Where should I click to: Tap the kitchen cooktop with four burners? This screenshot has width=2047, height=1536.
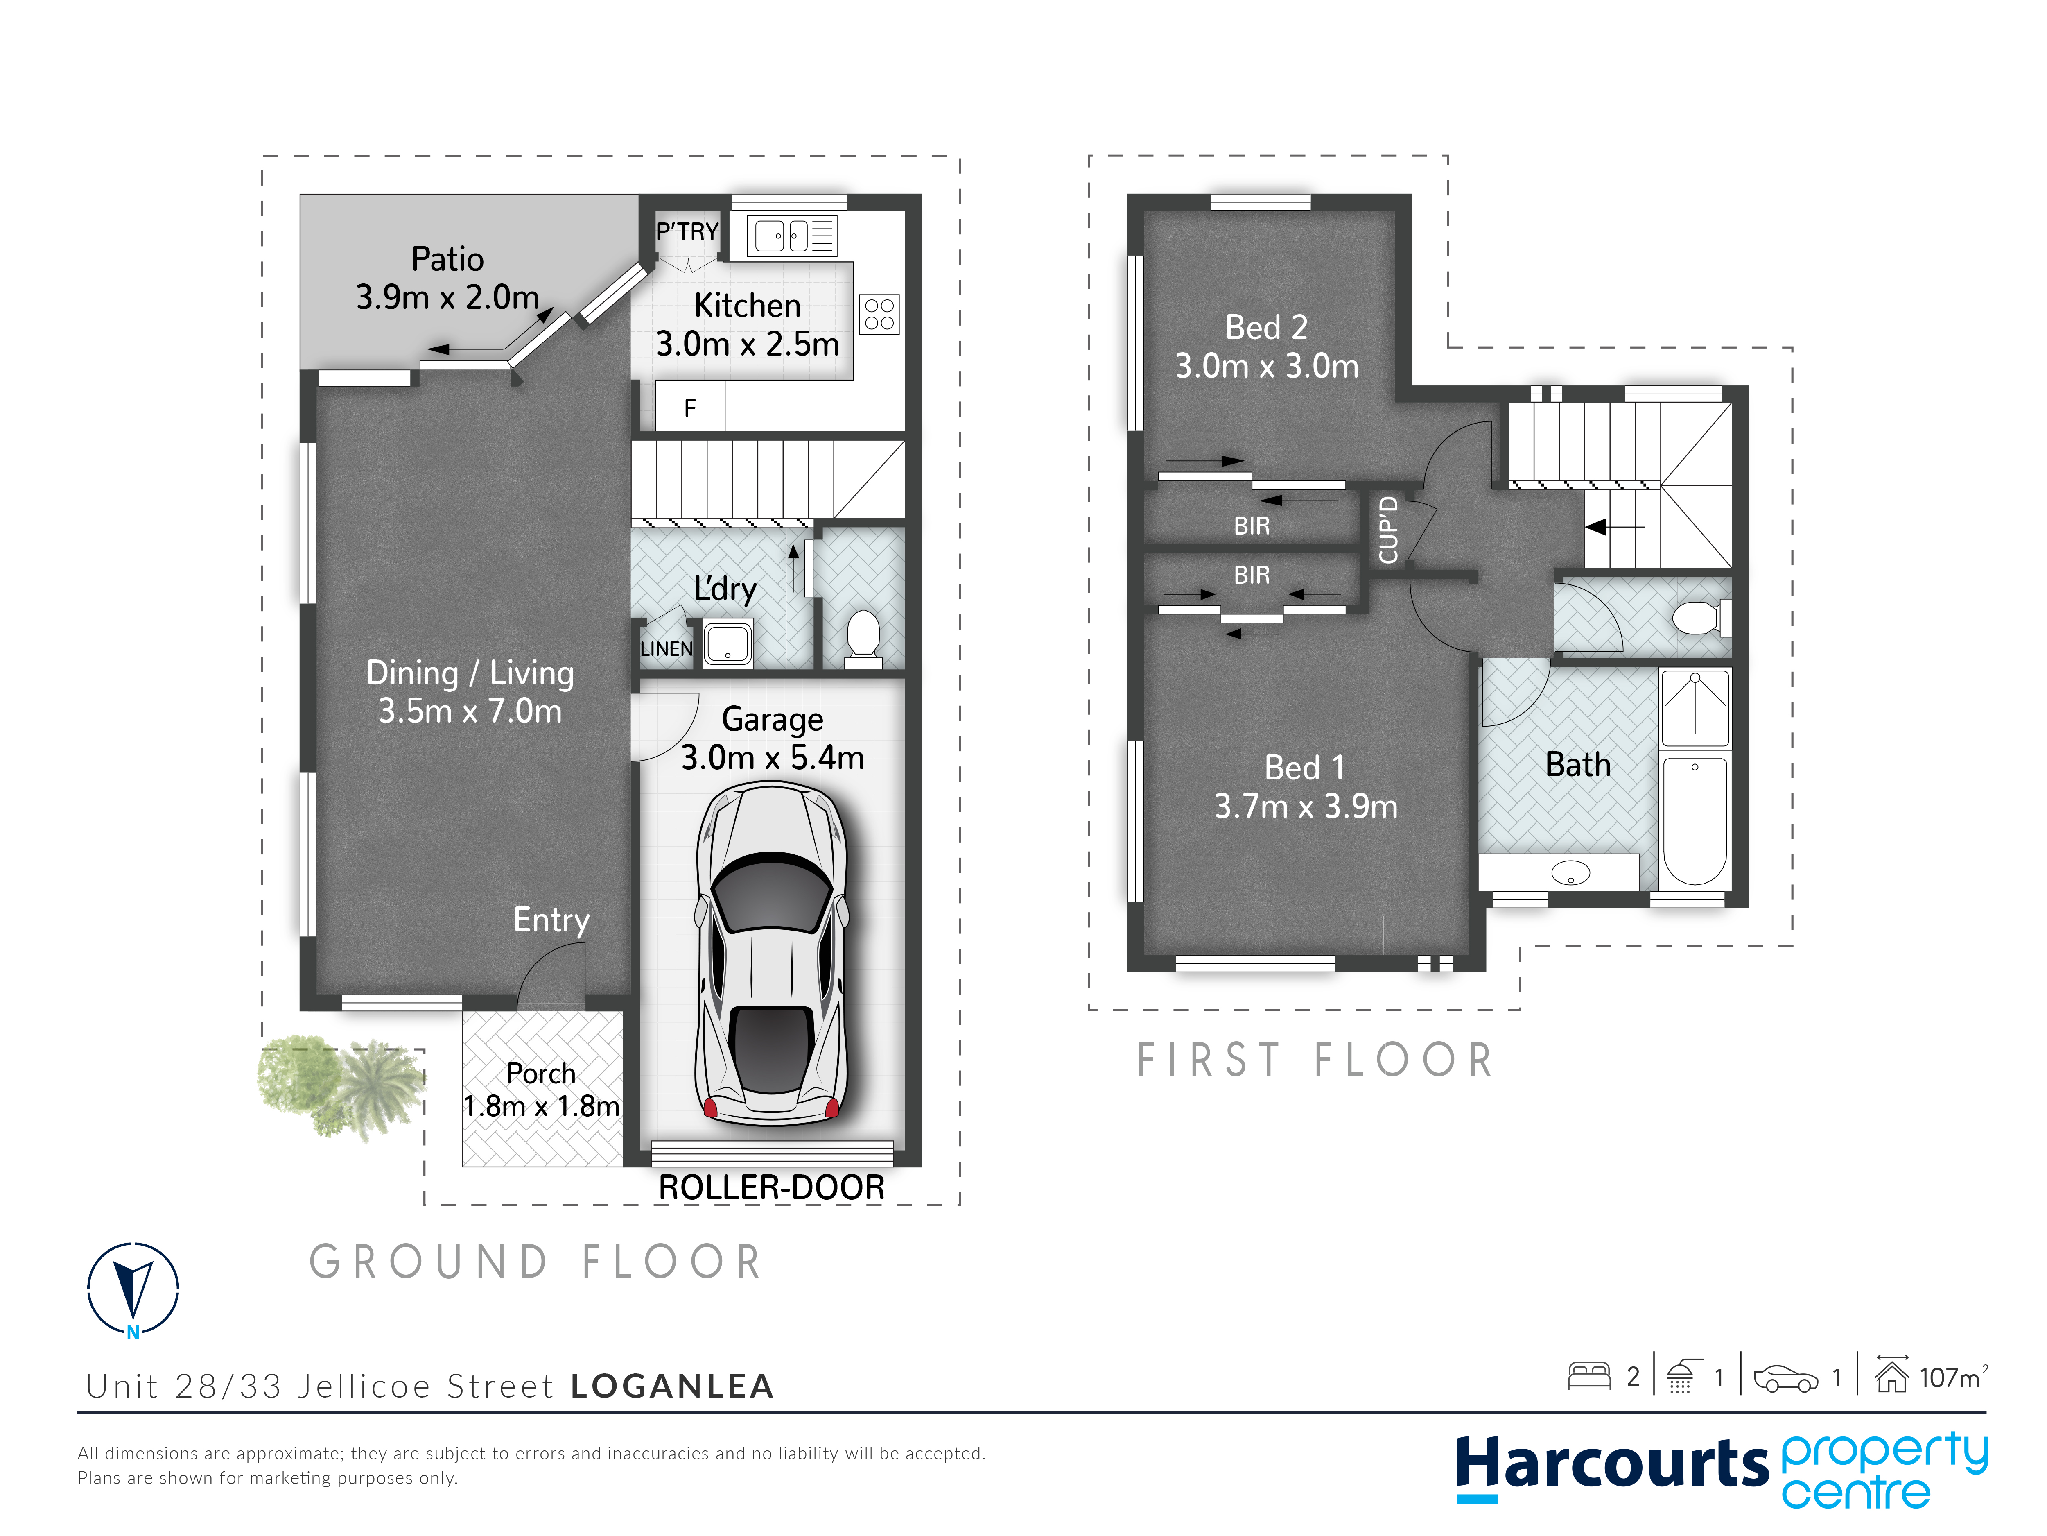click(x=879, y=314)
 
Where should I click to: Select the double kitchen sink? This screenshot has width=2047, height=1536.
click(x=792, y=235)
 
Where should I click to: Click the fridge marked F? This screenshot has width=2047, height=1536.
click(x=689, y=408)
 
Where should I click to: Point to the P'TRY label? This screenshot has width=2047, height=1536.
click(x=687, y=231)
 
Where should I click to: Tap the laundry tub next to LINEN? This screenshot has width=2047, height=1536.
click(x=728, y=643)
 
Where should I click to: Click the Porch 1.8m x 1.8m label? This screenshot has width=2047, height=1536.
click(x=541, y=1089)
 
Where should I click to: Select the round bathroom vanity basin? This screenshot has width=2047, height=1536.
click(x=1570, y=872)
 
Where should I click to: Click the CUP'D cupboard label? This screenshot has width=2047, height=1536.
click(x=1387, y=530)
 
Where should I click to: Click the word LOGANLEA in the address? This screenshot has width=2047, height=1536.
click(x=672, y=1386)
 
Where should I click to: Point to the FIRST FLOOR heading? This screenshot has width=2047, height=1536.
click(x=1315, y=1060)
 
